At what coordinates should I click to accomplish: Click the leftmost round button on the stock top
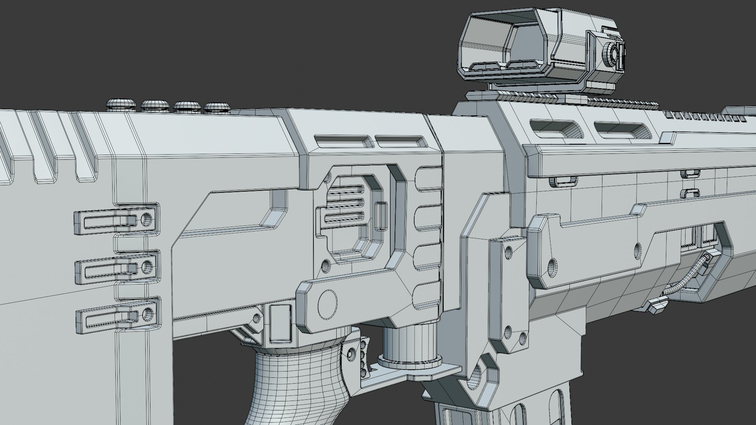120,104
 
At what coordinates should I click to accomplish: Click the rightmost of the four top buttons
216,107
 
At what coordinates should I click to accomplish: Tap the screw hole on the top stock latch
147,219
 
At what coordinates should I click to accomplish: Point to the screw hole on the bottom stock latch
148,314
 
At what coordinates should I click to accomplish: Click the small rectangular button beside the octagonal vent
381,216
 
